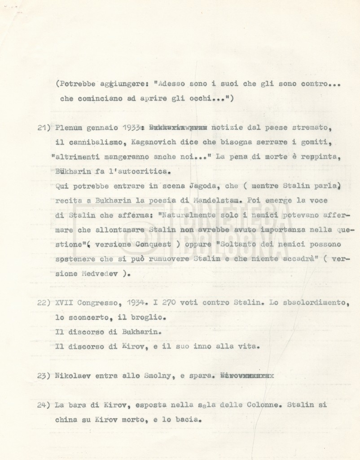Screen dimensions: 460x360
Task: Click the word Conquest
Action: click(153, 244)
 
